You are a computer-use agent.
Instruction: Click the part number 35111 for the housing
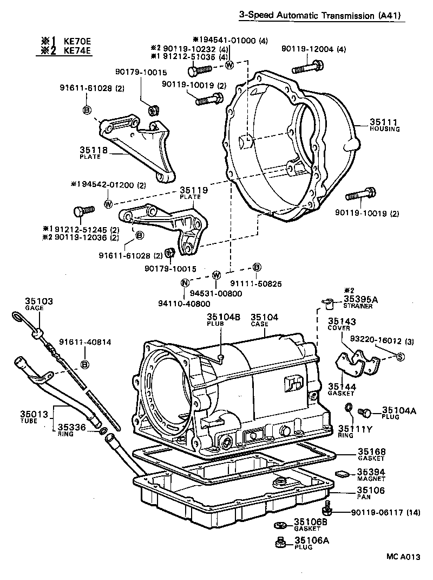click(x=384, y=122)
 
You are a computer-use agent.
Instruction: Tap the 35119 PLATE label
click(x=191, y=193)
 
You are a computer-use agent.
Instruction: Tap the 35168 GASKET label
click(x=370, y=455)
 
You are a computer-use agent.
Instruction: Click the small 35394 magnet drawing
click(x=342, y=473)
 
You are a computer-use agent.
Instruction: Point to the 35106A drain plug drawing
click(x=280, y=542)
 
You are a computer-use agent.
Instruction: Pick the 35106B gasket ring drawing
click(x=280, y=525)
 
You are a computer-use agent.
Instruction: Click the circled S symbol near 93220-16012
click(x=401, y=356)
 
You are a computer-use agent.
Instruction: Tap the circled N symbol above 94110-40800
click(x=185, y=282)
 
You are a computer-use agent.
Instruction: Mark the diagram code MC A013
click(x=403, y=557)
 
